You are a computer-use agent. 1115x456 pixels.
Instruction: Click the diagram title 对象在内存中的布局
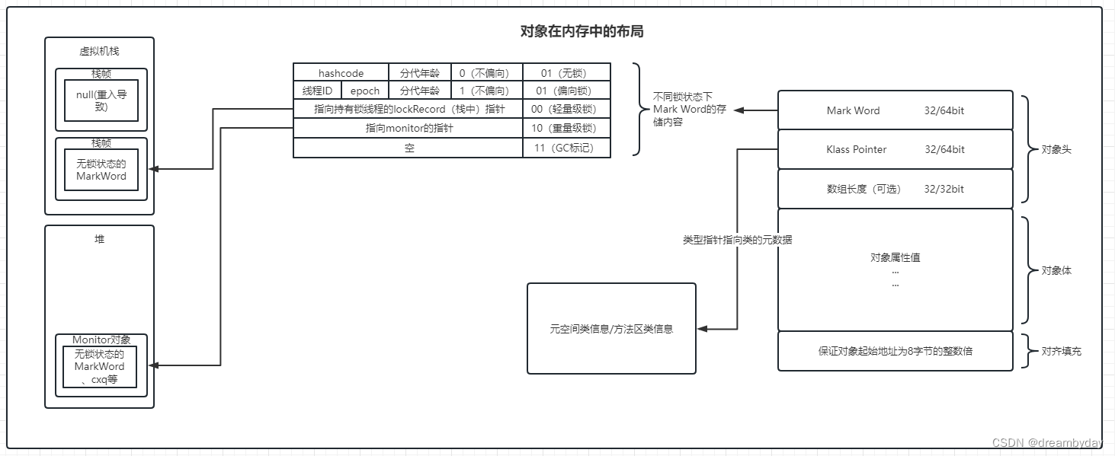point(583,32)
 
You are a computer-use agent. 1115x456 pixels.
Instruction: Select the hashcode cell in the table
point(341,73)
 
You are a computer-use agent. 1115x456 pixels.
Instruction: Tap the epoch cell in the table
point(365,91)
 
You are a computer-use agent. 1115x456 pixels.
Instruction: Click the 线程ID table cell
point(317,91)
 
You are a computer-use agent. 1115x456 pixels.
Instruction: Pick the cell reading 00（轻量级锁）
point(567,109)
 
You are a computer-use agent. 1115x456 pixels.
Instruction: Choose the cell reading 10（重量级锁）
point(567,128)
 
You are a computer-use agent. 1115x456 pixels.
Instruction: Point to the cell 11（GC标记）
point(567,148)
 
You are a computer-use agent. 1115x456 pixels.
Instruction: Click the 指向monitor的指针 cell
point(409,128)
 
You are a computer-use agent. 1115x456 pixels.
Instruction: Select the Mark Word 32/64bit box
point(895,110)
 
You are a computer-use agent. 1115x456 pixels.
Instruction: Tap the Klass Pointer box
point(895,149)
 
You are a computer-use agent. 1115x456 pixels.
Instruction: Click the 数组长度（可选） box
point(895,189)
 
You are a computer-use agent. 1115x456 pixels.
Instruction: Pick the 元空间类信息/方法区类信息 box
point(611,329)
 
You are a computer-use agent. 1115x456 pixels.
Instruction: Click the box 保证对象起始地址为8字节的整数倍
point(895,351)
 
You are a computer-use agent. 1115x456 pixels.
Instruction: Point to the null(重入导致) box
point(101,100)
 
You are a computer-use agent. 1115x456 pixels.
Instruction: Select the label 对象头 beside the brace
point(1056,149)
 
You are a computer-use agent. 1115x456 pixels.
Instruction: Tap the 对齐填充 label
point(1061,351)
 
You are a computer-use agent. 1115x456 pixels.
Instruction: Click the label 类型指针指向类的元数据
point(736,239)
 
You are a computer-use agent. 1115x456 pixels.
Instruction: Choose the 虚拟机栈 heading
point(99,51)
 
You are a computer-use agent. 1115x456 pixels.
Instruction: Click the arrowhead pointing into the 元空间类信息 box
point(702,329)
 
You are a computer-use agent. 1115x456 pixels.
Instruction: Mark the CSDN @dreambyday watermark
point(1047,443)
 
